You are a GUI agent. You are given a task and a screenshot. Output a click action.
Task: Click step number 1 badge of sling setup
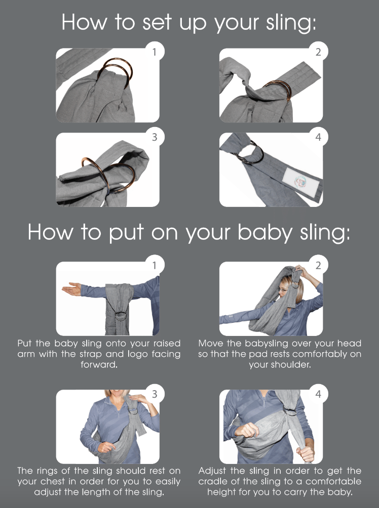point(155,52)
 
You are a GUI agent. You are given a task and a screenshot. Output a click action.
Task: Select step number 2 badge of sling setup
point(318,52)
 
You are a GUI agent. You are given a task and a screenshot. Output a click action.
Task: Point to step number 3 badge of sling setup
point(155,137)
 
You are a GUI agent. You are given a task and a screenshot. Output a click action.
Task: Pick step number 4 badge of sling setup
point(318,137)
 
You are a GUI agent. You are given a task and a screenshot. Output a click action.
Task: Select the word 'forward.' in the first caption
point(99,364)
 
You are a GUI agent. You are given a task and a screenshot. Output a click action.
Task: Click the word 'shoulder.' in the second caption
point(280,364)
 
